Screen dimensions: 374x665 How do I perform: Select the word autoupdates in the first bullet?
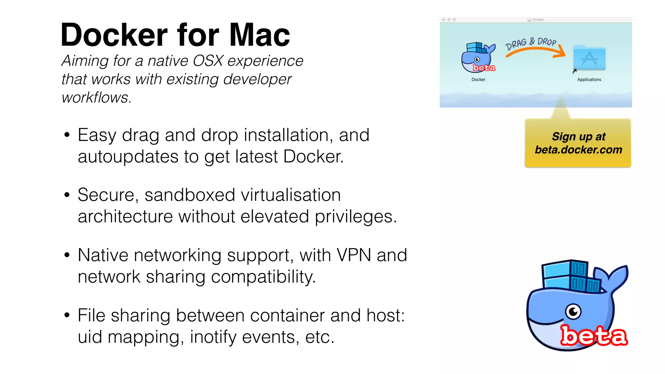128,157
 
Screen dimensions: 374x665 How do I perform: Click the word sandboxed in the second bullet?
190,195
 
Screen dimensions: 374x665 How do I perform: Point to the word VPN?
354,255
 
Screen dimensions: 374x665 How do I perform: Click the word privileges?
356,217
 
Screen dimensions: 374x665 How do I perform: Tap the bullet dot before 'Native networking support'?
67,255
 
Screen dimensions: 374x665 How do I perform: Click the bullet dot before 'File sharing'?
67,315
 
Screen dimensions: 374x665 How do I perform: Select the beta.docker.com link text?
578,150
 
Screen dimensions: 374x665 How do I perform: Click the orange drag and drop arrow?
536,51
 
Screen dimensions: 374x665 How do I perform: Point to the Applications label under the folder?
589,80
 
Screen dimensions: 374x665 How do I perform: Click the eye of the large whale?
573,312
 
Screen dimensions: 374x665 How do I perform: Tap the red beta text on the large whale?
594,336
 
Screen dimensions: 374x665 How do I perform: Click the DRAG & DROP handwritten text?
531,43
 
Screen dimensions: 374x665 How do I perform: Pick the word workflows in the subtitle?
96,98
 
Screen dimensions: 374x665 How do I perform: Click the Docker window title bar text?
538,19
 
